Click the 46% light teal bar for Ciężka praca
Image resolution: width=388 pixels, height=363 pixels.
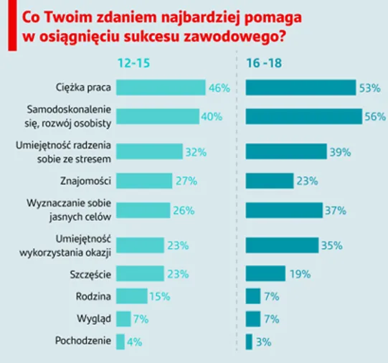tap(160, 88)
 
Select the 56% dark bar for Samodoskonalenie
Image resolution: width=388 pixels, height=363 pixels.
tap(304, 116)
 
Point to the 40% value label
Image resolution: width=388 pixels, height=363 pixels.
tap(211, 116)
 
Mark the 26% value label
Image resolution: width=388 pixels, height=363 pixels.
tap(182, 210)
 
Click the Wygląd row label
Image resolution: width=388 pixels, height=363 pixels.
tap(93, 319)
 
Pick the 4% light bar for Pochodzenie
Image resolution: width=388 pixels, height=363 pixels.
tap(120, 341)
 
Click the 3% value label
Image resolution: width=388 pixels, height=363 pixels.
tap(263, 341)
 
